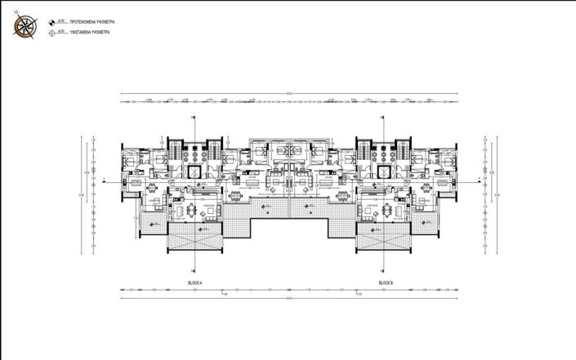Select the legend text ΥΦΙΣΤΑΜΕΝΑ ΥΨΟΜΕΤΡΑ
(89, 33)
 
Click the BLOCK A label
(194, 282)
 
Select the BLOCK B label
(386, 282)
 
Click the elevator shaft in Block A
(194, 172)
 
